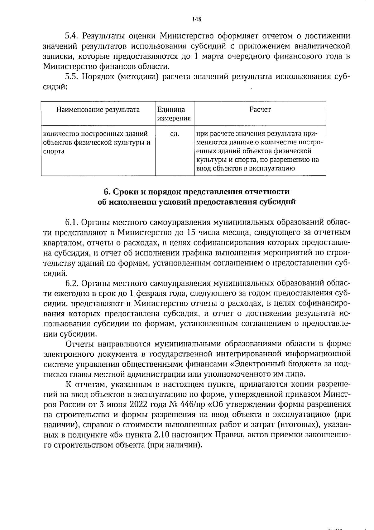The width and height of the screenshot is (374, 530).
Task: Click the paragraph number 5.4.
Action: click(x=72, y=36)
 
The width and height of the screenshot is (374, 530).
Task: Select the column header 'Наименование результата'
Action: click(x=98, y=110)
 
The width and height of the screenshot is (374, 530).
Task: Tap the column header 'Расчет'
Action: click(x=260, y=109)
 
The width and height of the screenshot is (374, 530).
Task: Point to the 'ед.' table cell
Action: click(x=174, y=134)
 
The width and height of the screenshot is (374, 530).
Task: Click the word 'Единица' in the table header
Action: click(x=171, y=110)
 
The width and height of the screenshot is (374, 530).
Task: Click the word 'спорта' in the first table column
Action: click(x=54, y=151)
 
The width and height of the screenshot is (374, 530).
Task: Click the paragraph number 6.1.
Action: click(x=72, y=222)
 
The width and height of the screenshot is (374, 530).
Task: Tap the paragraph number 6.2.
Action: click(x=72, y=283)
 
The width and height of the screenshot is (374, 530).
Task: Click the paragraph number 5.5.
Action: click(x=72, y=77)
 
